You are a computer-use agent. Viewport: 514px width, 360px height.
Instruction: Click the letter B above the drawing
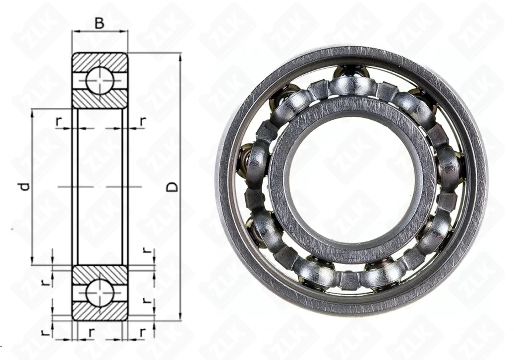pos(99,23)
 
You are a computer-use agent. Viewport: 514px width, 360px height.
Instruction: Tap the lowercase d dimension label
pos(25,186)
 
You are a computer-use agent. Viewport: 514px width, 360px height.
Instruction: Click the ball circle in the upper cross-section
pos(100,80)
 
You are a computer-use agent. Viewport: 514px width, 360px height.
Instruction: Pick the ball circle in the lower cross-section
pos(100,293)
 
